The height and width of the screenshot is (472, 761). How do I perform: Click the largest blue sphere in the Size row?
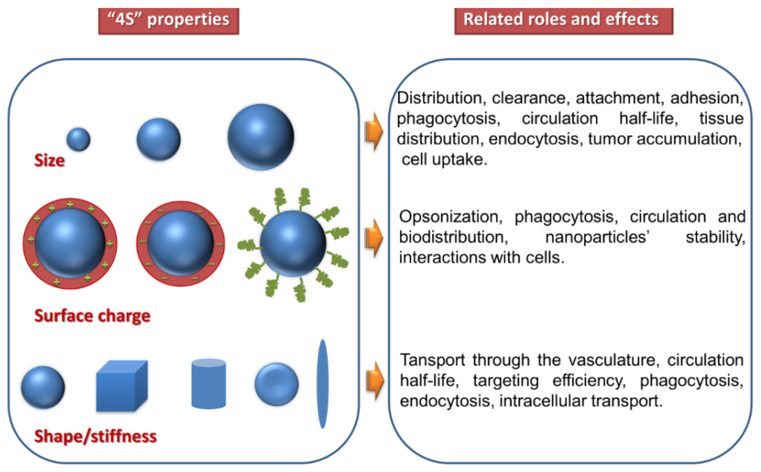260,137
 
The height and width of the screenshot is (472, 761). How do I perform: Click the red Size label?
49,161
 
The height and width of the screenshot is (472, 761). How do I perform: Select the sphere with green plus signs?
70,243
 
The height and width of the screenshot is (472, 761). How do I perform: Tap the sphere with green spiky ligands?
293,243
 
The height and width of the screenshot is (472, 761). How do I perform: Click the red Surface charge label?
92,316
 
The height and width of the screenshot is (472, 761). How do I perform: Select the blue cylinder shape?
208,384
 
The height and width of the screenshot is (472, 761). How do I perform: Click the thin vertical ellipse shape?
323,384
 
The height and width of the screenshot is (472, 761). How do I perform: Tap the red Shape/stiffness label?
95,436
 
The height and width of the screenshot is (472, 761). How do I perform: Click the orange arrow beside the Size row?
374,131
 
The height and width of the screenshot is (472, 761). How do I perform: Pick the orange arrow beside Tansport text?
375,381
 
